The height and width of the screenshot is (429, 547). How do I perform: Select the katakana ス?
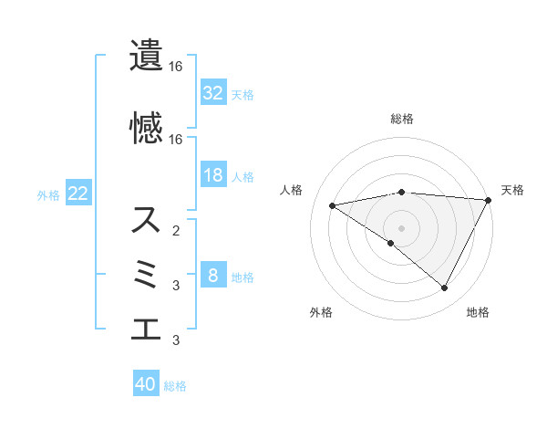point(146,220)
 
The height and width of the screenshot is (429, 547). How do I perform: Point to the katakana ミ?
point(147,275)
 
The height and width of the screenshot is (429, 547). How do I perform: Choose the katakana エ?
point(146,328)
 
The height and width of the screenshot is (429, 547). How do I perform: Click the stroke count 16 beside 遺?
point(176,67)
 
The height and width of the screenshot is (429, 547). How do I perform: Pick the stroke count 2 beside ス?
point(176,231)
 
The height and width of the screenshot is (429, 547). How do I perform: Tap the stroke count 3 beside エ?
point(176,340)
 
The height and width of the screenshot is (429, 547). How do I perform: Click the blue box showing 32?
point(213,92)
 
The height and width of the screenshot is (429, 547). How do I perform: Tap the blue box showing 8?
point(213,276)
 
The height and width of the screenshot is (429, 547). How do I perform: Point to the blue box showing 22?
point(77,194)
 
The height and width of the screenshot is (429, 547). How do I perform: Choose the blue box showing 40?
point(146,384)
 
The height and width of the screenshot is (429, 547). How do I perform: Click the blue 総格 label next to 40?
point(176,386)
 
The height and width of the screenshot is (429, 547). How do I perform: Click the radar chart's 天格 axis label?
point(512,190)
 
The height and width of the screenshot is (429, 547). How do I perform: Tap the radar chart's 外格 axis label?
point(321,313)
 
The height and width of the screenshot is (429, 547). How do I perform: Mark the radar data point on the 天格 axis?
point(489,199)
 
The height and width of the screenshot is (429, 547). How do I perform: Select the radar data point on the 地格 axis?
point(445,288)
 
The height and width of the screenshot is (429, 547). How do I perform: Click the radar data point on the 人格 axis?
point(333,204)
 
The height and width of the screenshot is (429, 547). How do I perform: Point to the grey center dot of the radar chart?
point(401,227)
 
